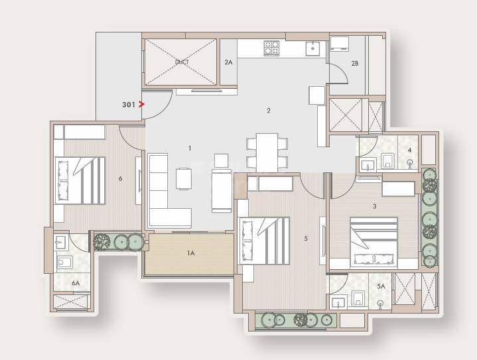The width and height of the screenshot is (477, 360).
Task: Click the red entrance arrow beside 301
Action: (141, 104)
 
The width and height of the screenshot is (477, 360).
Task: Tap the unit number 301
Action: (129, 104)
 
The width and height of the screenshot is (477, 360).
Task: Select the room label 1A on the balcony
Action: (190, 253)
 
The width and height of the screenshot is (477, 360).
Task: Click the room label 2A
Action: (228, 62)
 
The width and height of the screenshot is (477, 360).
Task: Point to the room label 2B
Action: (355, 63)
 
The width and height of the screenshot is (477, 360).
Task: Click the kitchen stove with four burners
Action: (272, 48)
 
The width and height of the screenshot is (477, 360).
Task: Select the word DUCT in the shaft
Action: (182, 62)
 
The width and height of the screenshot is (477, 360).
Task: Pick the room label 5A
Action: (381, 286)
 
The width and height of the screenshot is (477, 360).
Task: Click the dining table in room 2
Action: (267, 152)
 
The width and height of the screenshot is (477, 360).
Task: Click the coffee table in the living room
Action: (184, 178)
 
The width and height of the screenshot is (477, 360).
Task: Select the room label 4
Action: (409, 150)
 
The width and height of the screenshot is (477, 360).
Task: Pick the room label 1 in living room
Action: (190, 149)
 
